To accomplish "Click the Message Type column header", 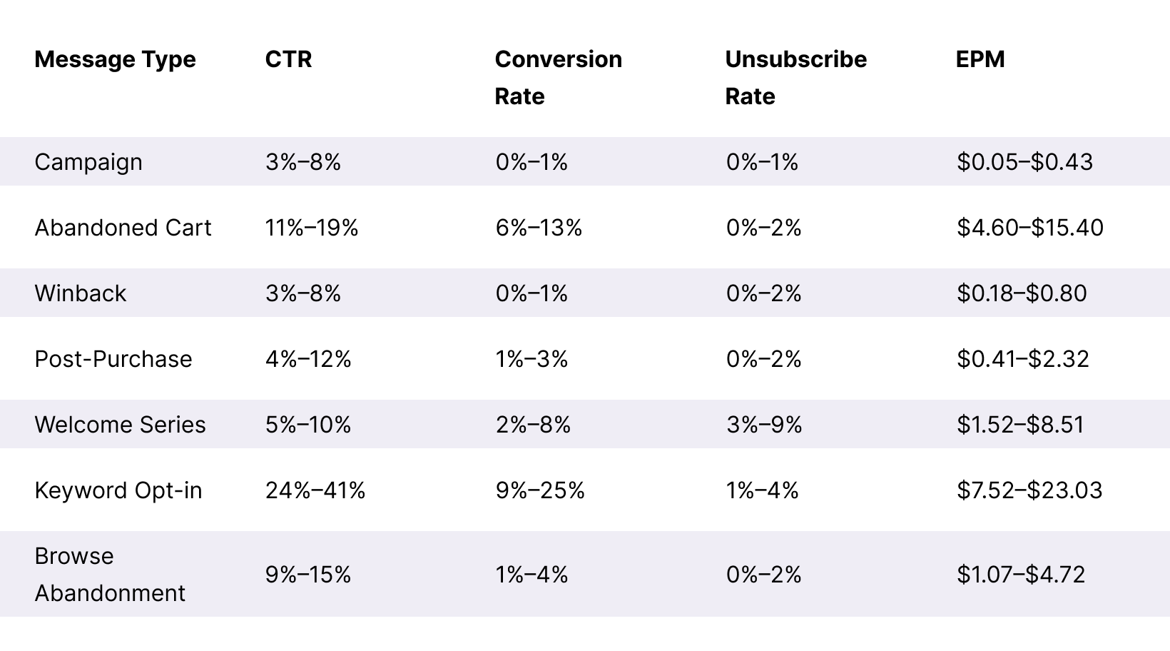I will pyautogui.click(x=115, y=59).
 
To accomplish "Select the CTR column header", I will pyautogui.click(x=288, y=59).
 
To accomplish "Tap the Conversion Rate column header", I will pyautogui.click(x=558, y=77).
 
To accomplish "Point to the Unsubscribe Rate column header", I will pyautogui.click(x=795, y=77).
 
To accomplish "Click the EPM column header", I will pyautogui.click(x=980, y=59).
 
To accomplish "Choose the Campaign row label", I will pyautogui.click(x=88, y=162).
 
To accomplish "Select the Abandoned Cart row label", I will pyautogui.click(x=123, y=228).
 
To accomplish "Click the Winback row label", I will pyautogui.click(x=80, y=293).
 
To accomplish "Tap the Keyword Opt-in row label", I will pyautogui.click(x=118, y=490).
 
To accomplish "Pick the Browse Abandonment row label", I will pyautogui.click(x=110, y=574).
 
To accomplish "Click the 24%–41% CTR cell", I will pyautogui.click(x=315, y=490).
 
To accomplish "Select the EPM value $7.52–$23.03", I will pyautogui.click(x=1029, y=490).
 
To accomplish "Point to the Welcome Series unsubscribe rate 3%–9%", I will pyautogui.click(x=763, y=425).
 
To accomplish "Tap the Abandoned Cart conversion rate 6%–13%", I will pyautogui.click(x=539, y=228).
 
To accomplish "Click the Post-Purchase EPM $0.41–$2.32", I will pyautogui.click(x=1022, y=359).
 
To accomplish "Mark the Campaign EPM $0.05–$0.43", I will pyautogui.click(x=1024, y=162).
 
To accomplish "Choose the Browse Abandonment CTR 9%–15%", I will pyautogui.click(x=307, y=575).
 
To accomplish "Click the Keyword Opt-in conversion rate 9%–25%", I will pyautogui.click(x=539, y=490).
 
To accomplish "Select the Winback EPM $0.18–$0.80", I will pyautogui.click(x=1021, y=293).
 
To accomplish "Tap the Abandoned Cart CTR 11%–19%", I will pyautogui.click(x=311, y=228).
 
